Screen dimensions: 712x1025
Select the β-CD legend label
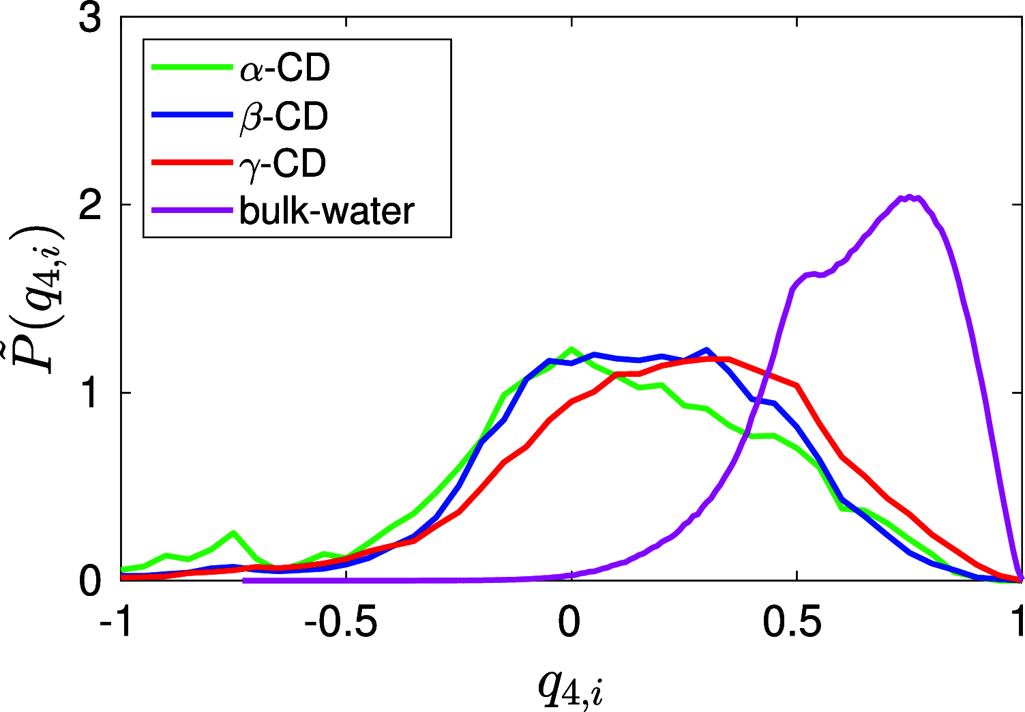(284, 117)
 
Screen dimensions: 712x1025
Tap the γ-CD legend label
(283, 165)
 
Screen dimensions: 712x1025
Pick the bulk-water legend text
(327, 211)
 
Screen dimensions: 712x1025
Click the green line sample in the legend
(192, 67)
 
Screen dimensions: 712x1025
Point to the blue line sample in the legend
(192, 115)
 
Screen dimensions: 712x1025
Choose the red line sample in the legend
(192, 162)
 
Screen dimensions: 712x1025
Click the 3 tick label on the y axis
(90, 18)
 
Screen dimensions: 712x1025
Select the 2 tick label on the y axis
(90, 205)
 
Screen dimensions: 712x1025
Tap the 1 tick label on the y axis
(90, 393)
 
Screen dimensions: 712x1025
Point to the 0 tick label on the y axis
(90, 581)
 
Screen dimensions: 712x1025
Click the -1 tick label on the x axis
(116, 623)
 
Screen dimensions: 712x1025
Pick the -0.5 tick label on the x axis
(340, 623)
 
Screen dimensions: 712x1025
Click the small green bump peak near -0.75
(233, 532)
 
